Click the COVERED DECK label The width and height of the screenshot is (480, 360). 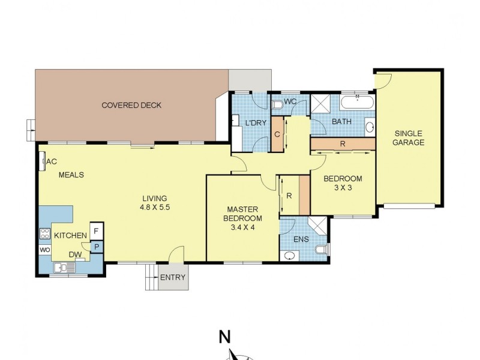pos(131,106)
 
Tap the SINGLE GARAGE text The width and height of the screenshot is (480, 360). pos(409,138)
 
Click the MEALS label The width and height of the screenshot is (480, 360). pos(71,175)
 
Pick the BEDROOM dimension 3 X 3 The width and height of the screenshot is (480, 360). pos(343,188)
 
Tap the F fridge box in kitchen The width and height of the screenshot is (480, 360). pos(97,230)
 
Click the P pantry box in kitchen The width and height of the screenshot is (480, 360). pos(97,246)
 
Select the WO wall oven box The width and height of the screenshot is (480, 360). pos(45,250)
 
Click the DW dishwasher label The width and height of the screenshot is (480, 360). pos(75,254)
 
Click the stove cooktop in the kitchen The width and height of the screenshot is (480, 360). pos(45,234)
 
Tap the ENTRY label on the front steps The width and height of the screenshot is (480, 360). pos(172,278)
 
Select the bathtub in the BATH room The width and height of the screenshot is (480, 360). pos(357,101)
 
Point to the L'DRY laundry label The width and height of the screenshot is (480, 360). pos(256,123)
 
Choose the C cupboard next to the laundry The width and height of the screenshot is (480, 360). pos(277,134)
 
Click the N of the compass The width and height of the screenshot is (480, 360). pos(224,337)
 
